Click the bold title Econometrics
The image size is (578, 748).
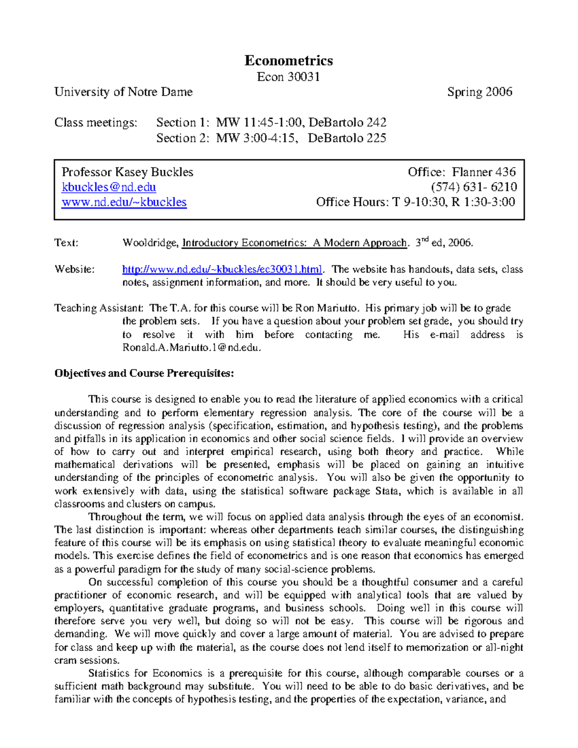click(x=289, y=60)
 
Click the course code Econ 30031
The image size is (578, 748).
click(x=289, y=77)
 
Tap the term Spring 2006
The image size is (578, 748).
click(x=479, y=92)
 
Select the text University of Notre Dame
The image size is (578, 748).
click(x=123, y=92)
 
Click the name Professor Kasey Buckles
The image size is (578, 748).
click(x=127, y=172)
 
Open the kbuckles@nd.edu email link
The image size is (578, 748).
click(x=109, y=187)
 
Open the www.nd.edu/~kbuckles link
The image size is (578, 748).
click(x=124, y=202)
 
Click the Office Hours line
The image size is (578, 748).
click(x=415, y=202)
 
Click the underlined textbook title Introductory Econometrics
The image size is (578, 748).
click(x=294, y=243)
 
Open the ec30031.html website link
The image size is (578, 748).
click(x=222, y=269)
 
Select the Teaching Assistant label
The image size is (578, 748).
click(x=98, y=308)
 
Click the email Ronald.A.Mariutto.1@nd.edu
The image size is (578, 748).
click(x=191, y=347)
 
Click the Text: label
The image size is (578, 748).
click(x=66, y=243)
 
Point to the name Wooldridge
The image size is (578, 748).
click(x=150, y=243)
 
